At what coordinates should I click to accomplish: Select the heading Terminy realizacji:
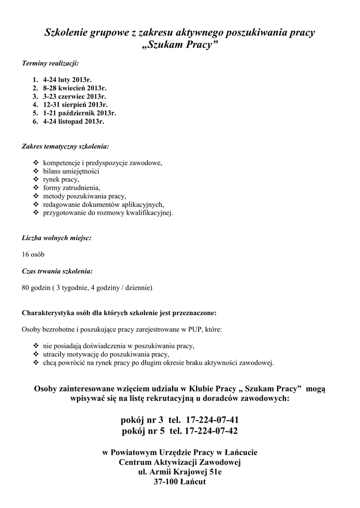[x=50, y=63]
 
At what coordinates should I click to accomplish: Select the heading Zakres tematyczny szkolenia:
[x=66, y=147]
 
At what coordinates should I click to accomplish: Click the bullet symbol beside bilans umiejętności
[x=35, y=171]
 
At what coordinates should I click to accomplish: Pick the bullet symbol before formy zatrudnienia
[x=35, y=188]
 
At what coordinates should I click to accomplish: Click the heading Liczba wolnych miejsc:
[x=57, y=238]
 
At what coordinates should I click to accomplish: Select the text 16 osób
[x=33, y=254]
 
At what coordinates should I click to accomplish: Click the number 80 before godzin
[x=26, y=288]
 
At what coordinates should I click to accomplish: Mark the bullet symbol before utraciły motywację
[x=35, y=354]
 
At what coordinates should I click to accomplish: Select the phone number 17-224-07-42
[x=211, y=431]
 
